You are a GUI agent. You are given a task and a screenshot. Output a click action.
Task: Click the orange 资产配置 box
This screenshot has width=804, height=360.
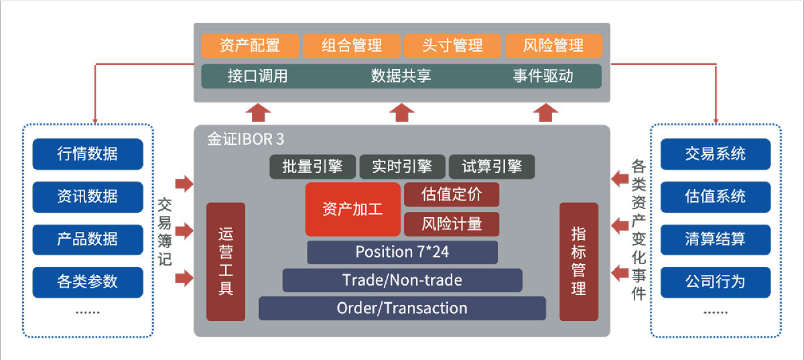click(250, 46)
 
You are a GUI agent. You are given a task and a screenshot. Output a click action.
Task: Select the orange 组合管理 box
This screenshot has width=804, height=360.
click(351, 46)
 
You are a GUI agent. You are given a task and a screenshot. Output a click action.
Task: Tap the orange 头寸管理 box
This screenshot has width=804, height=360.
click(452, 46)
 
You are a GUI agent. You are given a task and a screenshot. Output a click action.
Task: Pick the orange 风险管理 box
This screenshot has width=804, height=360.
click(553, 46)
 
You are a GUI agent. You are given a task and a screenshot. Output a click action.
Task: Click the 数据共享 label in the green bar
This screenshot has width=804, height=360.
click(401, 76)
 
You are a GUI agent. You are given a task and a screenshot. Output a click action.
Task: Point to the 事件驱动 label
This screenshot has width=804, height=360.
click(543, 76)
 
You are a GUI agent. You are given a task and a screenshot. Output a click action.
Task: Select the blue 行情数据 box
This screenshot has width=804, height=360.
click(87, 154)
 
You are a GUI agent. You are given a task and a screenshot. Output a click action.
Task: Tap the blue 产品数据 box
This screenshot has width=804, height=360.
click(87, 239)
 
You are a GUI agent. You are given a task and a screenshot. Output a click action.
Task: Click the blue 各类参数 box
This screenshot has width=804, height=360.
click(87, 282)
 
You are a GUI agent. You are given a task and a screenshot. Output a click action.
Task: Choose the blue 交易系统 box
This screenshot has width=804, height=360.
click(715, 154)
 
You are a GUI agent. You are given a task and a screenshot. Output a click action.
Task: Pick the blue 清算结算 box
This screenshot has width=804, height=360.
click(715, 239)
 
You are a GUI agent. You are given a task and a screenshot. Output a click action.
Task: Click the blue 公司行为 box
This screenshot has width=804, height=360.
click(715, 282)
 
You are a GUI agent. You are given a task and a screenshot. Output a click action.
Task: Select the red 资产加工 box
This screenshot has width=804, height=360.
click(352, 209)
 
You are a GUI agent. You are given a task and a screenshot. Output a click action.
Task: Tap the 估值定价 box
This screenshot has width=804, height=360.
click(452, 194)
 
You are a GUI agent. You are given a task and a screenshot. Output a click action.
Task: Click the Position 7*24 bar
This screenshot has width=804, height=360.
click(402, 252)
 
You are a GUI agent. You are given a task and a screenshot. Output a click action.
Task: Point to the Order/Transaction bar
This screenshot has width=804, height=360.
click(402, 308)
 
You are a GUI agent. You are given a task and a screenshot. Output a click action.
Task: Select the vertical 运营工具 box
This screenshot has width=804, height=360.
click(226, 261)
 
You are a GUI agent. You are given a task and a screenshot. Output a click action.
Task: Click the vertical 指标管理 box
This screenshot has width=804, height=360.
click(578, 261)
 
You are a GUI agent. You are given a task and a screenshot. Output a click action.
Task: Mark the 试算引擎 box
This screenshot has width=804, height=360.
click(492, 167)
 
